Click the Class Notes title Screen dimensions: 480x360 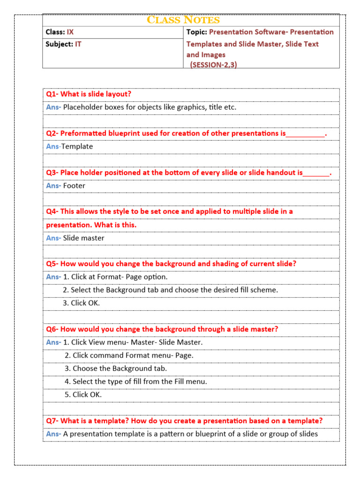click(183, 20)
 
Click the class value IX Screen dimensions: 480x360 click(70, 32)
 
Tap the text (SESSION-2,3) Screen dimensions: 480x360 click(213, 65)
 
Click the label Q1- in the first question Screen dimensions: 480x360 click(52, 94)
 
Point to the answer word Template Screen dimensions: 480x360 click(77, 146)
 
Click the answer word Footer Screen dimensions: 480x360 click(74, 186)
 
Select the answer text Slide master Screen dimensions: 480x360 click(83, 238)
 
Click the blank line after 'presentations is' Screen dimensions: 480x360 click(305, 134)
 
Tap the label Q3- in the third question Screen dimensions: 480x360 click(52, 172)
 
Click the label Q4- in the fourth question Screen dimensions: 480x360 click(52, 211)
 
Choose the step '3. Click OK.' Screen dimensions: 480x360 click(81, 303)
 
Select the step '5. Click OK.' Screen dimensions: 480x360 click(83, 395)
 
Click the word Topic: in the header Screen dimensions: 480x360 click(196, 32)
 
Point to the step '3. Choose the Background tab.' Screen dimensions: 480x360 click(116, 368)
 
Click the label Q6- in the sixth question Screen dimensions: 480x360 click(52, 329)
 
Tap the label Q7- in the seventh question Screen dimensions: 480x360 click(52, 420)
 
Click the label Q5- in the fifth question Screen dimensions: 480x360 click(52, 263)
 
